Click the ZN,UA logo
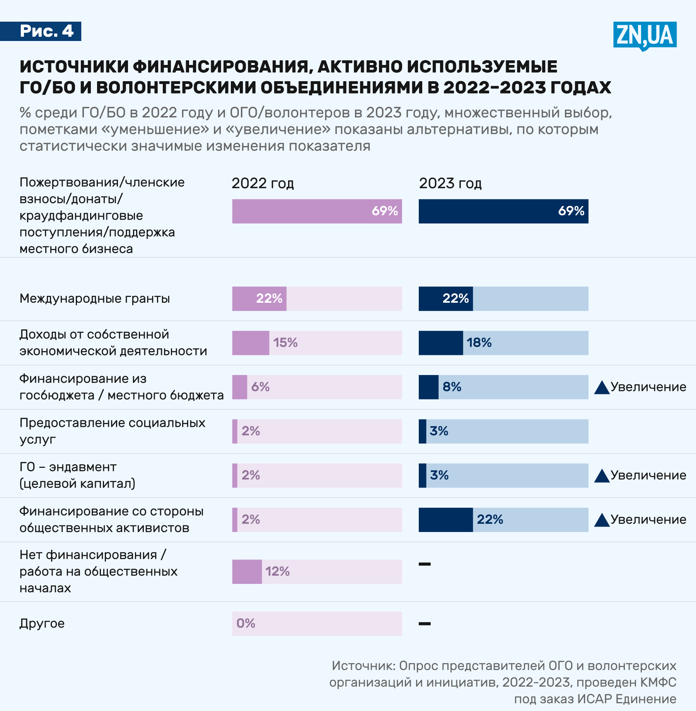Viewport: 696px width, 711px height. (x=645, y=35)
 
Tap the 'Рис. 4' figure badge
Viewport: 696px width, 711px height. (x=46, y=31)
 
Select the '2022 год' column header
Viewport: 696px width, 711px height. (x=263, y=183)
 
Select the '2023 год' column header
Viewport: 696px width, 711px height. (x=450, y=183)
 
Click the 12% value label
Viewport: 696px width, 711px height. (x=277, y=571)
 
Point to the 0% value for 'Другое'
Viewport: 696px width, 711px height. (x=246, y=623)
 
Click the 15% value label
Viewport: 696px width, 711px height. (x=285, y=343)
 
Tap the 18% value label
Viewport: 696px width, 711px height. (x=479, y=343)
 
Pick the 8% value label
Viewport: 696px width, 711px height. (x=452, y=387)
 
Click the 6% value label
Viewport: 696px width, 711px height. (x=260, y=387)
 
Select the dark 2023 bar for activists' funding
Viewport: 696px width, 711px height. (x=445, y=520)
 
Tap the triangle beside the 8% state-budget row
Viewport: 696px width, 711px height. (x=602, y=387)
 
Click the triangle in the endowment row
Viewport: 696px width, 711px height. (x=602, y=476)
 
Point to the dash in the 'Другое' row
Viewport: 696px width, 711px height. (x=425, y=624)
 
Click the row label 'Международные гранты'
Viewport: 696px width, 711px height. (x=95, y=298)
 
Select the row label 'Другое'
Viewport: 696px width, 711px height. (x=42, y=623)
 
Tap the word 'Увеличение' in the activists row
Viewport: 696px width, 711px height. (x=648, y=520)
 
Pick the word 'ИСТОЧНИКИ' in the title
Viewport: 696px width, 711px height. (x=74, y=66)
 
